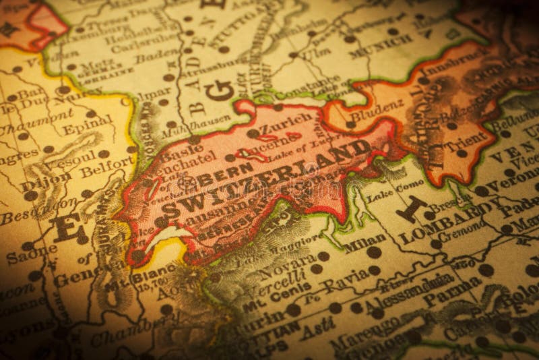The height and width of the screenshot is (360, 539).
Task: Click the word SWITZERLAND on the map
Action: click(x=266, y=179)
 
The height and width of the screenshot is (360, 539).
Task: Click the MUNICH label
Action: click(x=381, y=45)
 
